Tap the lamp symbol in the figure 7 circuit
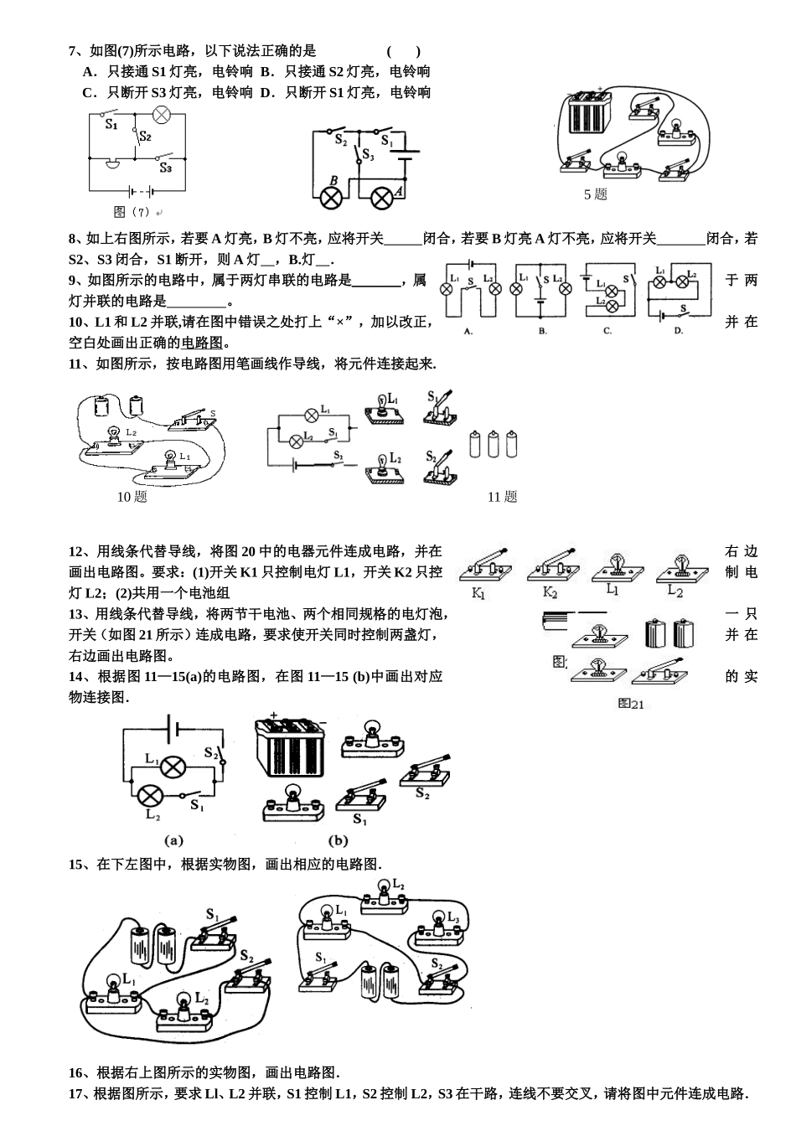pos(161,116)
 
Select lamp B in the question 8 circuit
pos(332,198)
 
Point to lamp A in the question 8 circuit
pos(382,198)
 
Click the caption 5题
pos(595,194)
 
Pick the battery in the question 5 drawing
pos(592,113)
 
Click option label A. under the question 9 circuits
pos(468,331)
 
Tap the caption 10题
pos(132,497)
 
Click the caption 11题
pos(502,497)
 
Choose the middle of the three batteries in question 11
pos(494,443)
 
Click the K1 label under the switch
pos(478,594)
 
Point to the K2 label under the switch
pos(550,593)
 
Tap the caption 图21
pos(631,704)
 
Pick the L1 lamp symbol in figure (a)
pos(173,766)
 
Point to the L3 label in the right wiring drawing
pos(453,917)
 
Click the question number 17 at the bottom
pos(77,1093)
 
